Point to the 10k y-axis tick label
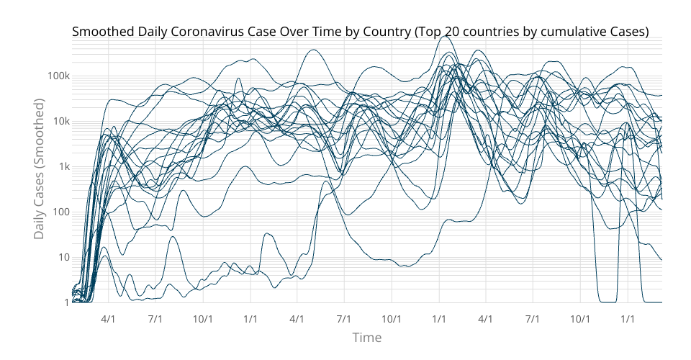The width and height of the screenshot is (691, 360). coord(59,122)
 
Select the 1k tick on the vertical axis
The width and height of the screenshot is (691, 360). coord(61,167)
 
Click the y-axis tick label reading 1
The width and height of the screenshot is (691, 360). coord(64,303)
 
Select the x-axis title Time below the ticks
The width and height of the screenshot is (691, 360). coord(366,337)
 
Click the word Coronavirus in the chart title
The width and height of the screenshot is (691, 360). coord(200,32)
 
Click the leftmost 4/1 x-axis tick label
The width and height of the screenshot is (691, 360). coord(108,318)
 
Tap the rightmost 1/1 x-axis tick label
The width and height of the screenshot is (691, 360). coord(628,318)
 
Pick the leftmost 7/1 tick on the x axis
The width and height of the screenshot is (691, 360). coord(155,318)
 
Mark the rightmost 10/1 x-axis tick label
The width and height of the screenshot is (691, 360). coord(580,318)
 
